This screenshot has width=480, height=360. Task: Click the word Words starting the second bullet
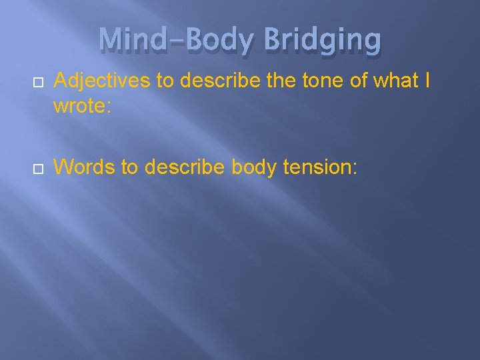click(84, 168)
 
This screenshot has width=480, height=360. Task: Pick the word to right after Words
click(131, 168)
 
